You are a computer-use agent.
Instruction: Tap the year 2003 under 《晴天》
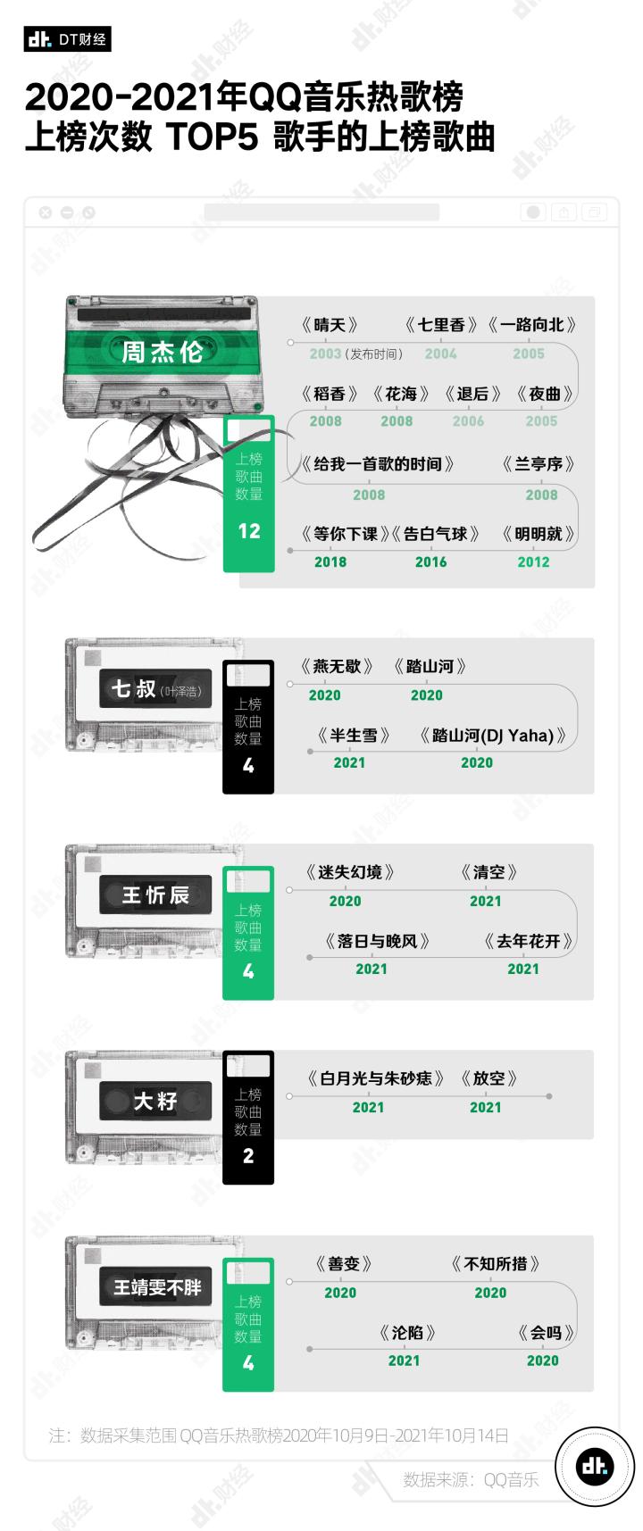[x=325, y=354]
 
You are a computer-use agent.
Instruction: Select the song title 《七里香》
[x=441, y=325]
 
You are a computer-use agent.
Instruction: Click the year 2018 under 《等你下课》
[x=330, y=562]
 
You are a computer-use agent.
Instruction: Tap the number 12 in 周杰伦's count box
[x=249, y=531]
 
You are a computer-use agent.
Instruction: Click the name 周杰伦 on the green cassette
[x=162, y=352]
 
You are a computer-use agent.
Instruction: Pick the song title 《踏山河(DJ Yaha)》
[x=493, y=736]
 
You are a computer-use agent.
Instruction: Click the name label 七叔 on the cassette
[x=134, y=689]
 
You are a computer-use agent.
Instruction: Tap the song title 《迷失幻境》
[x=349, y=872]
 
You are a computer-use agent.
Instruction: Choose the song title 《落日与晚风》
[x=377, y=941]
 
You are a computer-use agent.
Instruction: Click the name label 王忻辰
[x=155, y=895]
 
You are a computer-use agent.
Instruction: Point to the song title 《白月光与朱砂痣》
[x=375, y=1078]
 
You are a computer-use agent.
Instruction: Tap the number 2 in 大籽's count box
[x=248, y=1156]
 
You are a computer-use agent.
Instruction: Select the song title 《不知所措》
[x=496, y=1263]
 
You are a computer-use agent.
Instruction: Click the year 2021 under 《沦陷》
[x=404, y=1360]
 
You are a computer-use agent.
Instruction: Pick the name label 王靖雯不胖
[x=157, y=1287]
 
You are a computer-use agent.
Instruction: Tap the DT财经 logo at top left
[x=68, y=39]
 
